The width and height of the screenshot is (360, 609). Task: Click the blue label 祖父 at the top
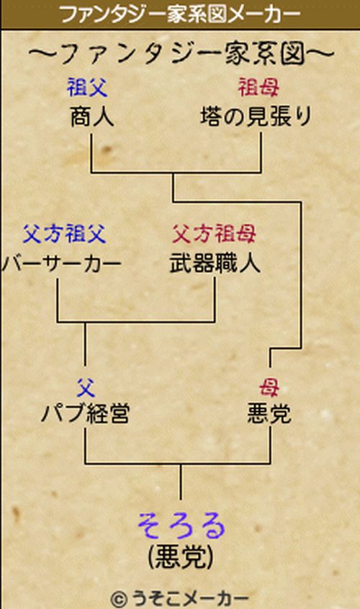[87, 87]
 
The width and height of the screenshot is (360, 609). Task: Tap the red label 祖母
[258, 87]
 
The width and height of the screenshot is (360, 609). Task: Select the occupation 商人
[92, 117]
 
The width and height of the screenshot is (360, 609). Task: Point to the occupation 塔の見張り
[256, 117]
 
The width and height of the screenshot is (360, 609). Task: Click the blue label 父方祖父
[65, 234]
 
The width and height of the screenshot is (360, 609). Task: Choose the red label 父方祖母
[214, 234]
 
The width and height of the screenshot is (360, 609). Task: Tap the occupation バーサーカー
[61, 264]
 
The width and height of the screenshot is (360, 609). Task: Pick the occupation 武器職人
[215, 264]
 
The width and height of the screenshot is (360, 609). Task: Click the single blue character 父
[86, 387]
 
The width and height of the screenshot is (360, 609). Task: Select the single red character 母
[269, 387]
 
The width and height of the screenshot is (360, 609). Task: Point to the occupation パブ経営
[86, 414]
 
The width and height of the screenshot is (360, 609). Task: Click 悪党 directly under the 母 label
[269, 414]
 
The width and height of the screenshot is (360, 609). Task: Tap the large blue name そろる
[181, 526]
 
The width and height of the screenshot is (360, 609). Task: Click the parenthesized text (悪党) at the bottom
[181, 557]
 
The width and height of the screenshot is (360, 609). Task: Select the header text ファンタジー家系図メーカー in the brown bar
[180, 15]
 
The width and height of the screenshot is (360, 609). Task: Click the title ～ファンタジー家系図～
[181, 53]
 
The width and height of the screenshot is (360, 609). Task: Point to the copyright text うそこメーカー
[190, 598]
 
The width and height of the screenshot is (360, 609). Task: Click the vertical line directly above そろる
[181, 482]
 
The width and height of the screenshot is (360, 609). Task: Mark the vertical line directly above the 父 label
[85, 344]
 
